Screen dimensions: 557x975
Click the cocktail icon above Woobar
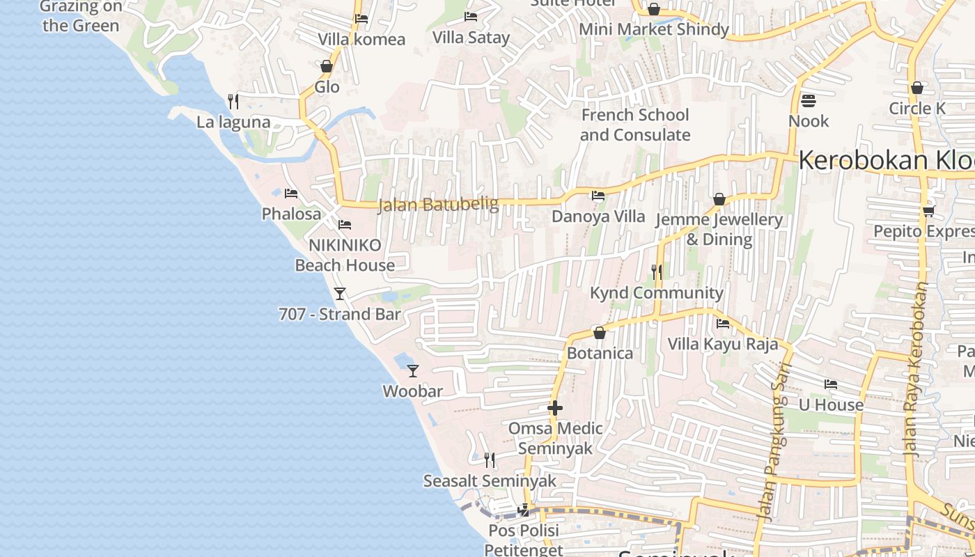click(413, 370)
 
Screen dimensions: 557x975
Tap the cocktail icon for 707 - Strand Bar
click(339, 294)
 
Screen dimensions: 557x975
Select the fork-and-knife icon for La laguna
click(233, 102)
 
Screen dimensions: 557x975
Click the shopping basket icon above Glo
click(326, 67)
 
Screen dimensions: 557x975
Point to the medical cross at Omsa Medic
click(555, 408)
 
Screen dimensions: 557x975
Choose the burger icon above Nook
click(808, 101)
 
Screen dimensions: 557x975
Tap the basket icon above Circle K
click(916, 88)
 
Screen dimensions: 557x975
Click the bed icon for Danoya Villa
click(598, 196)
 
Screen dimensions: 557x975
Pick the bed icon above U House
click(830, 384)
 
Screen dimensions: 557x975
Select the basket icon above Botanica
click(599, 333)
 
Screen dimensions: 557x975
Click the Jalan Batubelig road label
click(438, 205)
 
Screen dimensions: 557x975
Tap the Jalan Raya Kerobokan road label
click(916, 369)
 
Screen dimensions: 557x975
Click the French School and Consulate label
click(635, 125)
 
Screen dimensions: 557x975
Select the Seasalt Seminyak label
click(490, 481)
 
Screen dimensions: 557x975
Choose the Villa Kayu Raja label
click(723, 344)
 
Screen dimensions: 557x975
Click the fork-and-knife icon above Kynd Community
click(656, 272)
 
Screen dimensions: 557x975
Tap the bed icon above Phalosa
click(291, 193)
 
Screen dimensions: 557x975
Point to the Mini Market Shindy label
click(654, 29)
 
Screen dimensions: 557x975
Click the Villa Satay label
click(471, 38)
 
